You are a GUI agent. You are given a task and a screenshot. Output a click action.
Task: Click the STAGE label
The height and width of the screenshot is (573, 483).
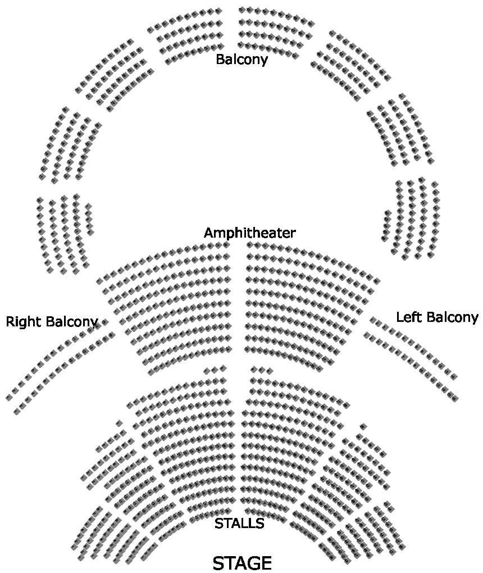click(x=242, y=563)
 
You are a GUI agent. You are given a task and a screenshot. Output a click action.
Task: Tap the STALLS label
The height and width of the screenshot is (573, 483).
click(x=239, y=524)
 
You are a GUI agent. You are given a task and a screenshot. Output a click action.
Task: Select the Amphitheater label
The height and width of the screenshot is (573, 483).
click(x=249, y=233)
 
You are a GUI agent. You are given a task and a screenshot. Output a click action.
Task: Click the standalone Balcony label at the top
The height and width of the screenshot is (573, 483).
click(x=241, y=59)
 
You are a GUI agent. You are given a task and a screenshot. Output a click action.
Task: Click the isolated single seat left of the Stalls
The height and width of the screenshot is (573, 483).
click(x=119, y=424)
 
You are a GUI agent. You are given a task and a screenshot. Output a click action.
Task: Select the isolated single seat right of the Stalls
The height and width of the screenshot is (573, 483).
click(x=363, y=426)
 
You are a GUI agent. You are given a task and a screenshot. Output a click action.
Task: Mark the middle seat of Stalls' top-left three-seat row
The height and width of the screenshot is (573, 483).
click(x=215, y=370)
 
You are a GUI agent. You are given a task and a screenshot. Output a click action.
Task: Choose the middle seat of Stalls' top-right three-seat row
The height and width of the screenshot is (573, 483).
click(x=262, y=370)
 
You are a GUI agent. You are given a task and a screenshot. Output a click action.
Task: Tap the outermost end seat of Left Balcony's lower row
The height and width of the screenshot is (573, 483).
click(x=455, y=398)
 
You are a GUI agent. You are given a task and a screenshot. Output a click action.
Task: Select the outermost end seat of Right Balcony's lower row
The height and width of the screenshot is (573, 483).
click(x=17, y=412)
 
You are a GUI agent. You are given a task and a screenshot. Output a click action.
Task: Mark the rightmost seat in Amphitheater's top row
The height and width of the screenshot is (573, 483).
click(x=376, y=280)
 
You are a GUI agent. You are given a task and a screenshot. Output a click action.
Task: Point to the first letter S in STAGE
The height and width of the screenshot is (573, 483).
click(x=219, y=563)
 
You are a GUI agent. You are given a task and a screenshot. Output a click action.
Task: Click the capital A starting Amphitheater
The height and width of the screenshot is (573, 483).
click(x=208, y=233)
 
